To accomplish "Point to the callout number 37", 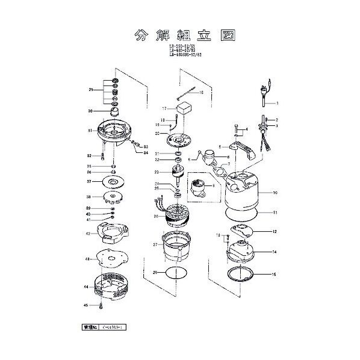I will [88, 181].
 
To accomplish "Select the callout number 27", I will [155, 244].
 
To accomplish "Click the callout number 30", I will [90, 111].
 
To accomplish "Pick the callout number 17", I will [163, 108].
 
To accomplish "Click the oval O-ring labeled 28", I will [176, 273].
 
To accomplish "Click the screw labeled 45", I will [102, 306].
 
